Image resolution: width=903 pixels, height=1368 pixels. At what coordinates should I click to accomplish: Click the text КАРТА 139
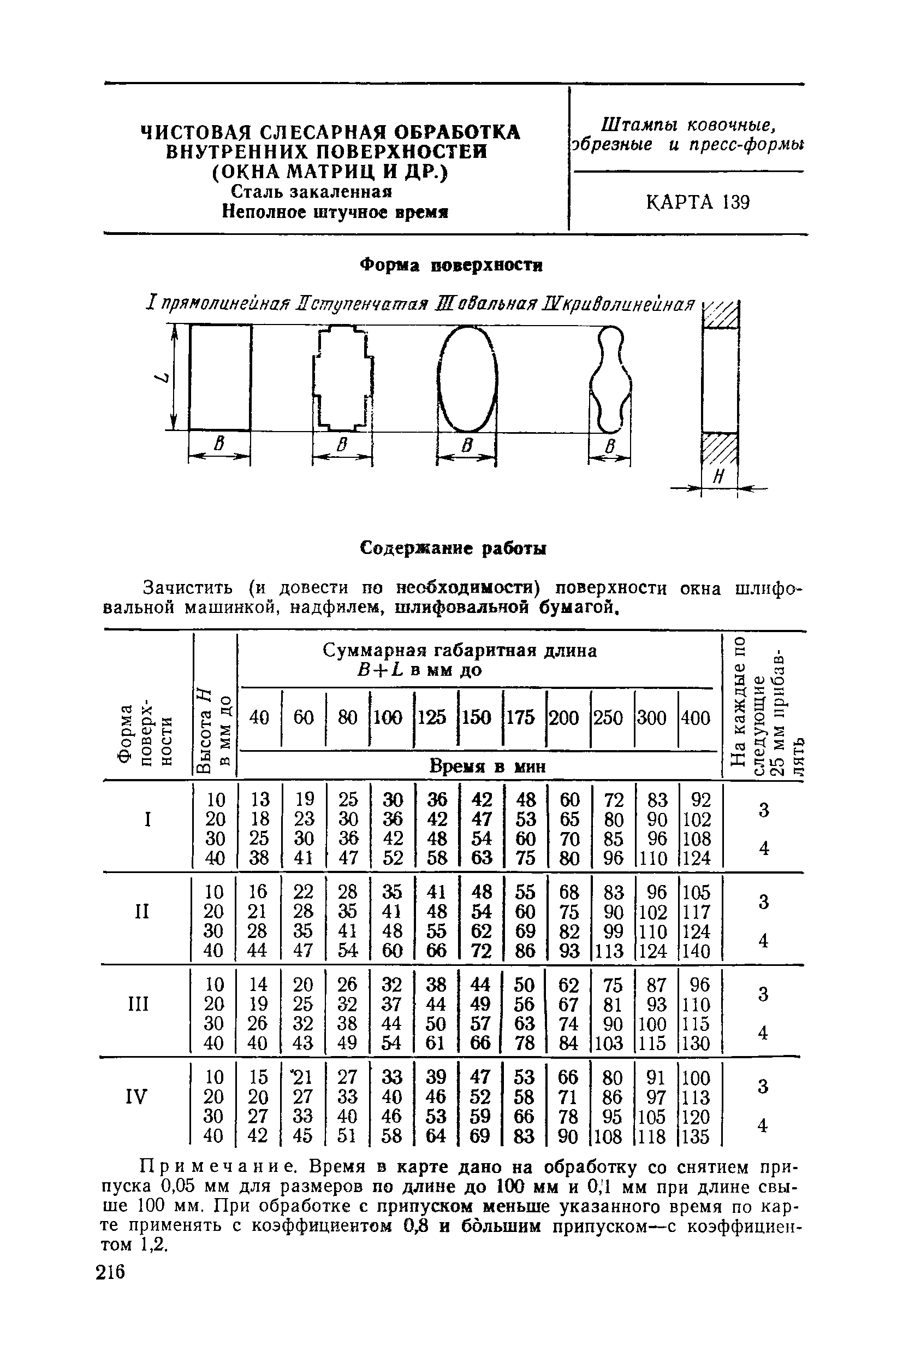tap(697, 202)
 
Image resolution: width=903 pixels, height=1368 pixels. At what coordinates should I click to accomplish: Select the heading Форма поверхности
tap(451, 266)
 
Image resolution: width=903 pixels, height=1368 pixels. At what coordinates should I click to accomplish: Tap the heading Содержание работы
tap(453, 548)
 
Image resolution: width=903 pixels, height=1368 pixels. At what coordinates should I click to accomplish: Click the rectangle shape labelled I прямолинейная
tap(220, 378)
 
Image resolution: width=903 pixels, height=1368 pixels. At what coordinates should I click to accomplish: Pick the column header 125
tap(432, 718)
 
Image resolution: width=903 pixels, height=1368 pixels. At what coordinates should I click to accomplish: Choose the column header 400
tap(696, 718)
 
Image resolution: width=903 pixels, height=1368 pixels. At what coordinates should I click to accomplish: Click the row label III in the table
tap(139, 1004)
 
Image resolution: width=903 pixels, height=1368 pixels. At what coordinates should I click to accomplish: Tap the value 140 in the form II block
tap(697, 951)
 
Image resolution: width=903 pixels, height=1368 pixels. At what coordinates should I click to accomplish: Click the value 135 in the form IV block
tap(697, 1137)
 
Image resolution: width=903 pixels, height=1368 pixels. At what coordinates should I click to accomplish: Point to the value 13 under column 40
tap(260, 800)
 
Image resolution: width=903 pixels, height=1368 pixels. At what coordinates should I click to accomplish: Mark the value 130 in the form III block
tap(697, 1043)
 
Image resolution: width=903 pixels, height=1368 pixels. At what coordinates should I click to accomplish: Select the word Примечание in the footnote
tap(219, 1168)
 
